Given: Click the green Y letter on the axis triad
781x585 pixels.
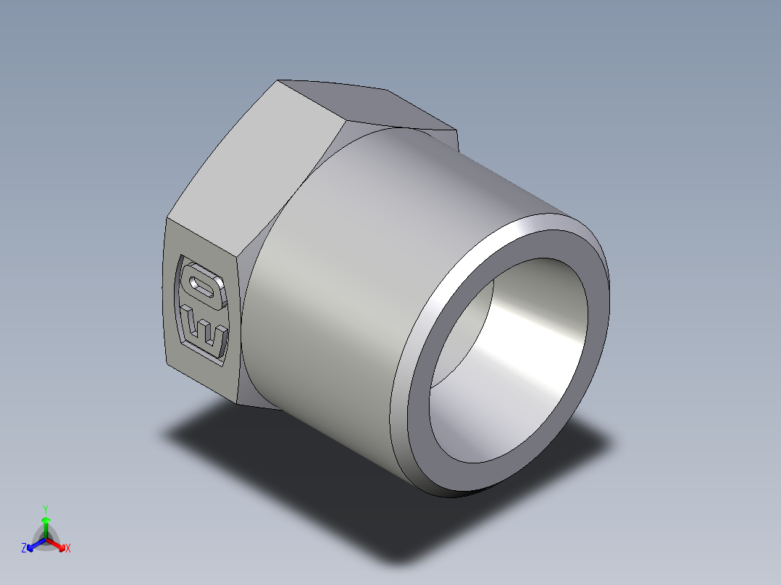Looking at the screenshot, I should (x=46, y=508).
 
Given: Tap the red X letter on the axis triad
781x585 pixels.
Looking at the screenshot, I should (x=67, y=549).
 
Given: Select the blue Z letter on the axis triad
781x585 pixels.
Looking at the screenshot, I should (x=24, y=549).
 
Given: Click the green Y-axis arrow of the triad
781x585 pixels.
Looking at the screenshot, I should (x=46, y=524).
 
